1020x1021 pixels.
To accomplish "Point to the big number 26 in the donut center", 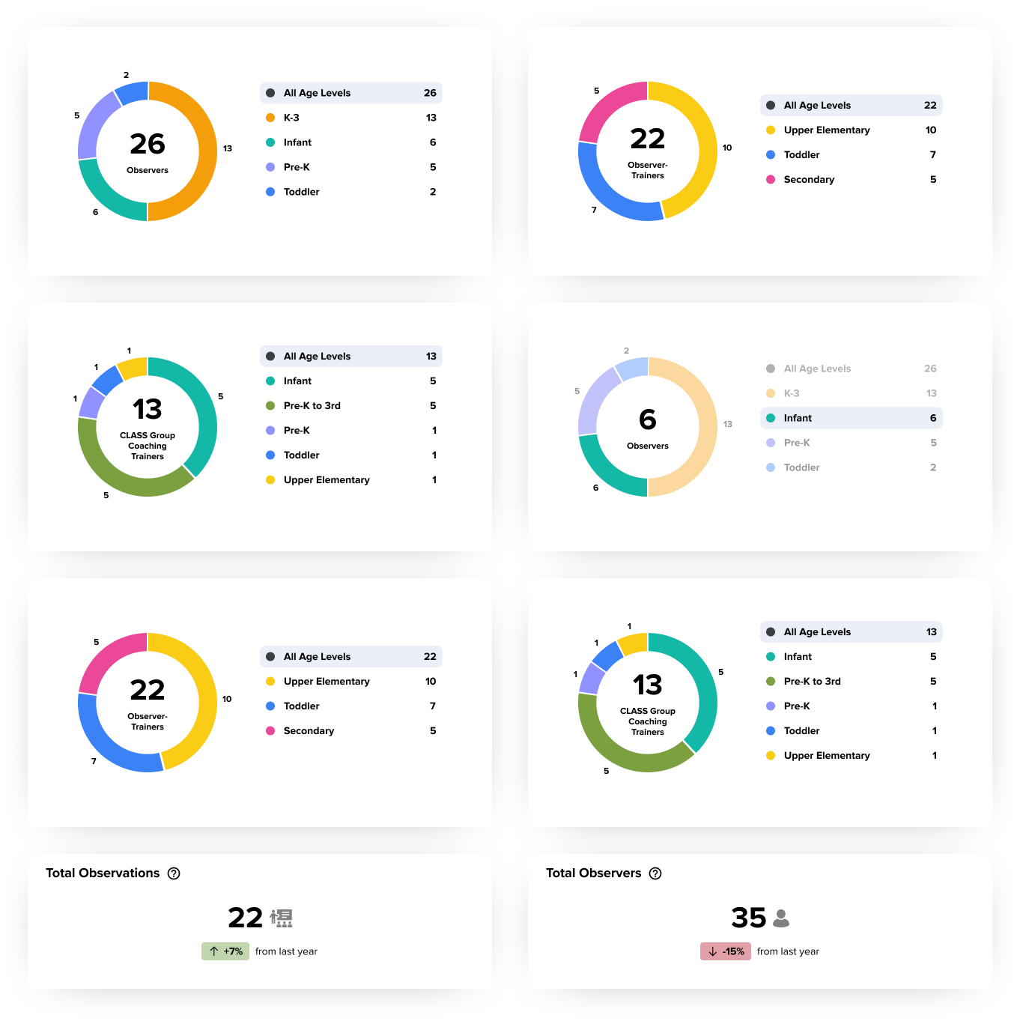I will click(148, 144).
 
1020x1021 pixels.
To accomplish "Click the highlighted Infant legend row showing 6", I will click(851, 418).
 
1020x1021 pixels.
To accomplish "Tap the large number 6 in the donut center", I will click(648, 419).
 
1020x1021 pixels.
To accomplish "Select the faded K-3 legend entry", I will click(792, 393).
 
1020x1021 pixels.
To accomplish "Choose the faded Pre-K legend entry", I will click(797, 443).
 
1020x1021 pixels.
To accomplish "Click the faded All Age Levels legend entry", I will click(817, 369).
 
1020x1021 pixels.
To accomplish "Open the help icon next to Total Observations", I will click(174, 873).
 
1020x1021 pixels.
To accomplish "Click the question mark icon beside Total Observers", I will click(655, 873).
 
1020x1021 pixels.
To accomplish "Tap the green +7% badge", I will click(225, 951).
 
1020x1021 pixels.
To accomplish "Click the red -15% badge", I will click(726, 951).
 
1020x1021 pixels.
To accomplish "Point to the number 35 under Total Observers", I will click(748, 918).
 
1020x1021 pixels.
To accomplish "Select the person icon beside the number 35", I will click(781, 918).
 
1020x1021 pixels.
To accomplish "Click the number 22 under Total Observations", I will click(246, 918).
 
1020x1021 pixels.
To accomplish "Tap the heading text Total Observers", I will click(593, 873).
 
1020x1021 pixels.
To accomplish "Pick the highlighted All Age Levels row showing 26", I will click(350, 93).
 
